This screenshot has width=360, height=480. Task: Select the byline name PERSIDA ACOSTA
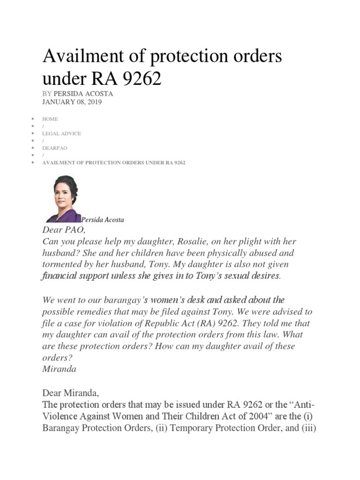(83, 94)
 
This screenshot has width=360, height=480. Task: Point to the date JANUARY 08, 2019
(72, 102)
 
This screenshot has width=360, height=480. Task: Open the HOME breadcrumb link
(50, 119)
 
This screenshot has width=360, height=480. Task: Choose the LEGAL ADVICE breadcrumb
(61, 134)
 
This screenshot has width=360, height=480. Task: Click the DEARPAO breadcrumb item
(55, 148)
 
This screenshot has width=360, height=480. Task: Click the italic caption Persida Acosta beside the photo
(103, 219)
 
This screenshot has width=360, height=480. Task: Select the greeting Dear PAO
(65, 230)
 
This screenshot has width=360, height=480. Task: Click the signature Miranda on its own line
(59, 369)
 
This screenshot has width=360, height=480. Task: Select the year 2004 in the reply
(230, 416)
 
